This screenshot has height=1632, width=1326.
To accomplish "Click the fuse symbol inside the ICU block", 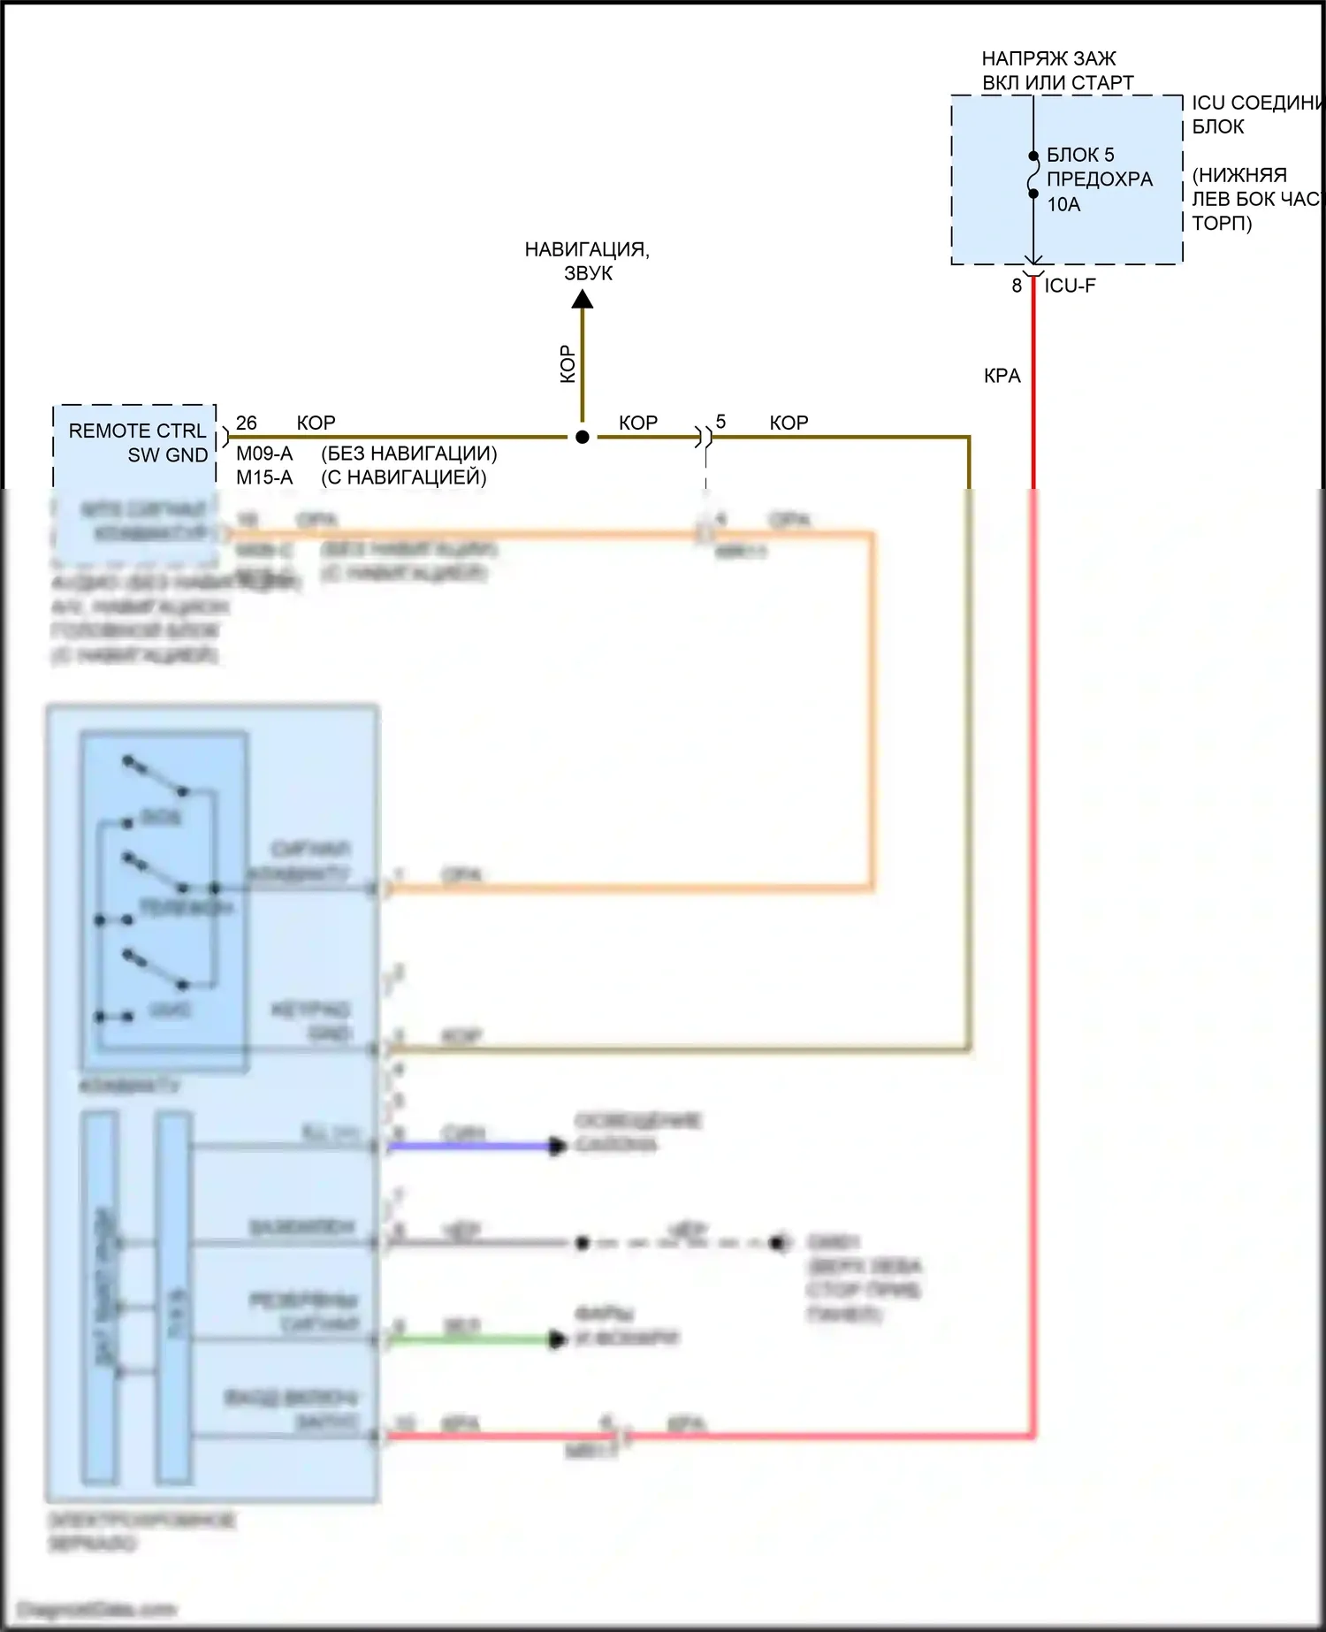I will point(1033,175).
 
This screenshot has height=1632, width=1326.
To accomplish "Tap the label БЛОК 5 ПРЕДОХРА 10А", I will point(1099,179).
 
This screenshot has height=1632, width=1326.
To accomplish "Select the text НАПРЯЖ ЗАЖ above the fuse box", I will point(1048,58).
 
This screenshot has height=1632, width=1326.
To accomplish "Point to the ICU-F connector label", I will point(1070,286).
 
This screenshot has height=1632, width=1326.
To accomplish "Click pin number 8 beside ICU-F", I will point(1017,286).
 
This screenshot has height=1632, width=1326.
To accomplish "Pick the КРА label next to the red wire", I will point(1002,376).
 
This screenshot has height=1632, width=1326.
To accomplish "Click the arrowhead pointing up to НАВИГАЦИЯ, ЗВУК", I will point(583,301).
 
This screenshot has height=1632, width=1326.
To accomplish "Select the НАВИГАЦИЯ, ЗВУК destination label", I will point(587,261).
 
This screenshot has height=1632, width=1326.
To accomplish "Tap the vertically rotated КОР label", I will point(568,364).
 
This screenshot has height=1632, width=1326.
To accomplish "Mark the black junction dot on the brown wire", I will point(583,437).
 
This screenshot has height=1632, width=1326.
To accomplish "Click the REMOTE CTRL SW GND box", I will point(135,443).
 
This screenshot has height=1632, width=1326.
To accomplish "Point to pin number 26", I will point(247,423).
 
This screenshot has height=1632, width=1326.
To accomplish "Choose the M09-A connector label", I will point(264,454).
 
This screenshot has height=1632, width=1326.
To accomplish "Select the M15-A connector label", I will point(264,477).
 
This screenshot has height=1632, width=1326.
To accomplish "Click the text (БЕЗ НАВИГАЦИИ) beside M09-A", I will point(408,454).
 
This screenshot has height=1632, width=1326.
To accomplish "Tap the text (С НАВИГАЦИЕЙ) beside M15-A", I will point(403,477).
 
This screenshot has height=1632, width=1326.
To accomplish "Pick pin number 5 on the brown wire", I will point(720,422).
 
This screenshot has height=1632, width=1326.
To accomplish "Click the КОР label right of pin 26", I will point(316,423).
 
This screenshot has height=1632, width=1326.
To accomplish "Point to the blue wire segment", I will point(469,1147).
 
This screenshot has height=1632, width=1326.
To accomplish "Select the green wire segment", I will point(469,1339).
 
